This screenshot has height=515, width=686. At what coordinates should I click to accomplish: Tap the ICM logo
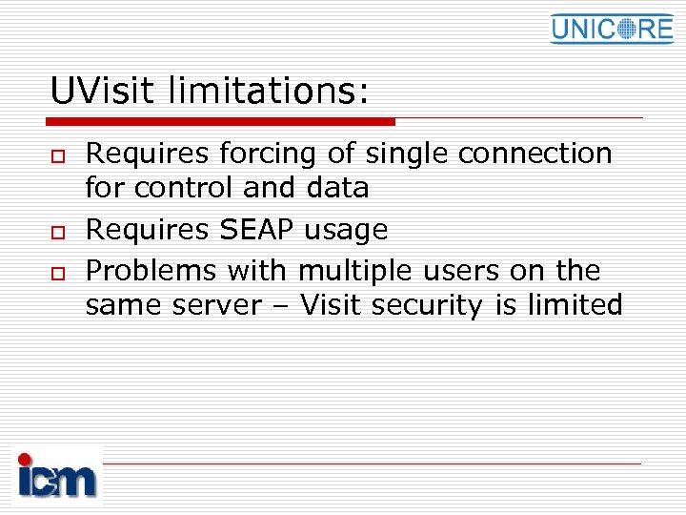pyautogui.click(x=57, y=474)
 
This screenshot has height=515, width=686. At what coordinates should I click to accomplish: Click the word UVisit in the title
pyautogui.click(x=104, y=92)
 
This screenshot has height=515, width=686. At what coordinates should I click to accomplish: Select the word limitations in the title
pyautogui.click(x=267, y=92)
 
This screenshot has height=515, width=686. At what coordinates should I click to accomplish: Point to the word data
pyautogui.click(x=337, y=188)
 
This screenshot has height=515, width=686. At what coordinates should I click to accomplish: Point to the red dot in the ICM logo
pyautogui.click(x=25, y=459)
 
